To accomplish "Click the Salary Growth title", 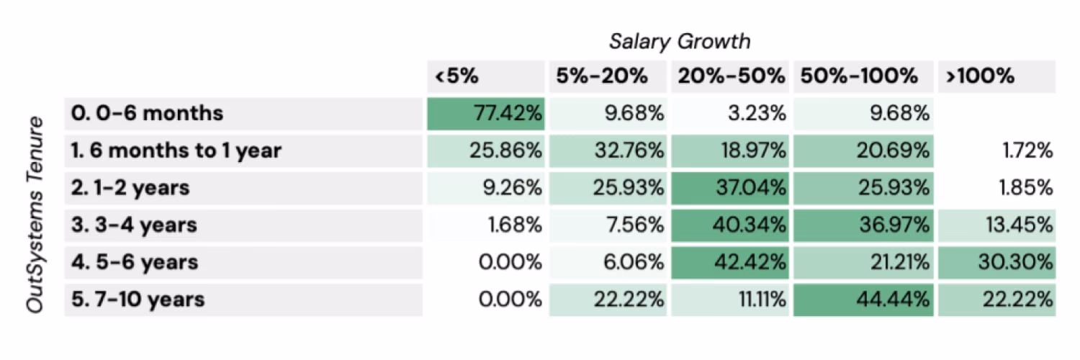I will click(x=680, y=42).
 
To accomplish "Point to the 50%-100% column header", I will click(x=857, y=76).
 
